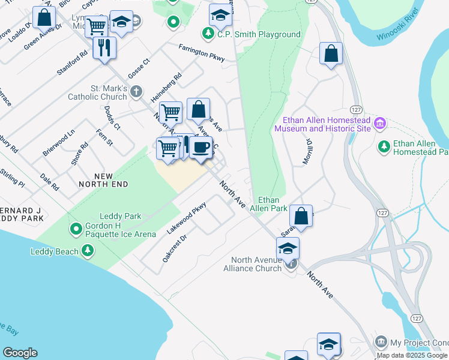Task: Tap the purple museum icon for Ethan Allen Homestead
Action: click(x=379, y=124)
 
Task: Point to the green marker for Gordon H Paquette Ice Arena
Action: click(x=76, y=229)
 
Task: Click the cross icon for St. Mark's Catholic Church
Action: click(x=136, y=92)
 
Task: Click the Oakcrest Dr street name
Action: click(x=175, y=248)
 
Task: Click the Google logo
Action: click(x=20, y=353)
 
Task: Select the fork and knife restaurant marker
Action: click(x=104, y=47)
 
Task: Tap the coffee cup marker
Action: click(x=201, y=147)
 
